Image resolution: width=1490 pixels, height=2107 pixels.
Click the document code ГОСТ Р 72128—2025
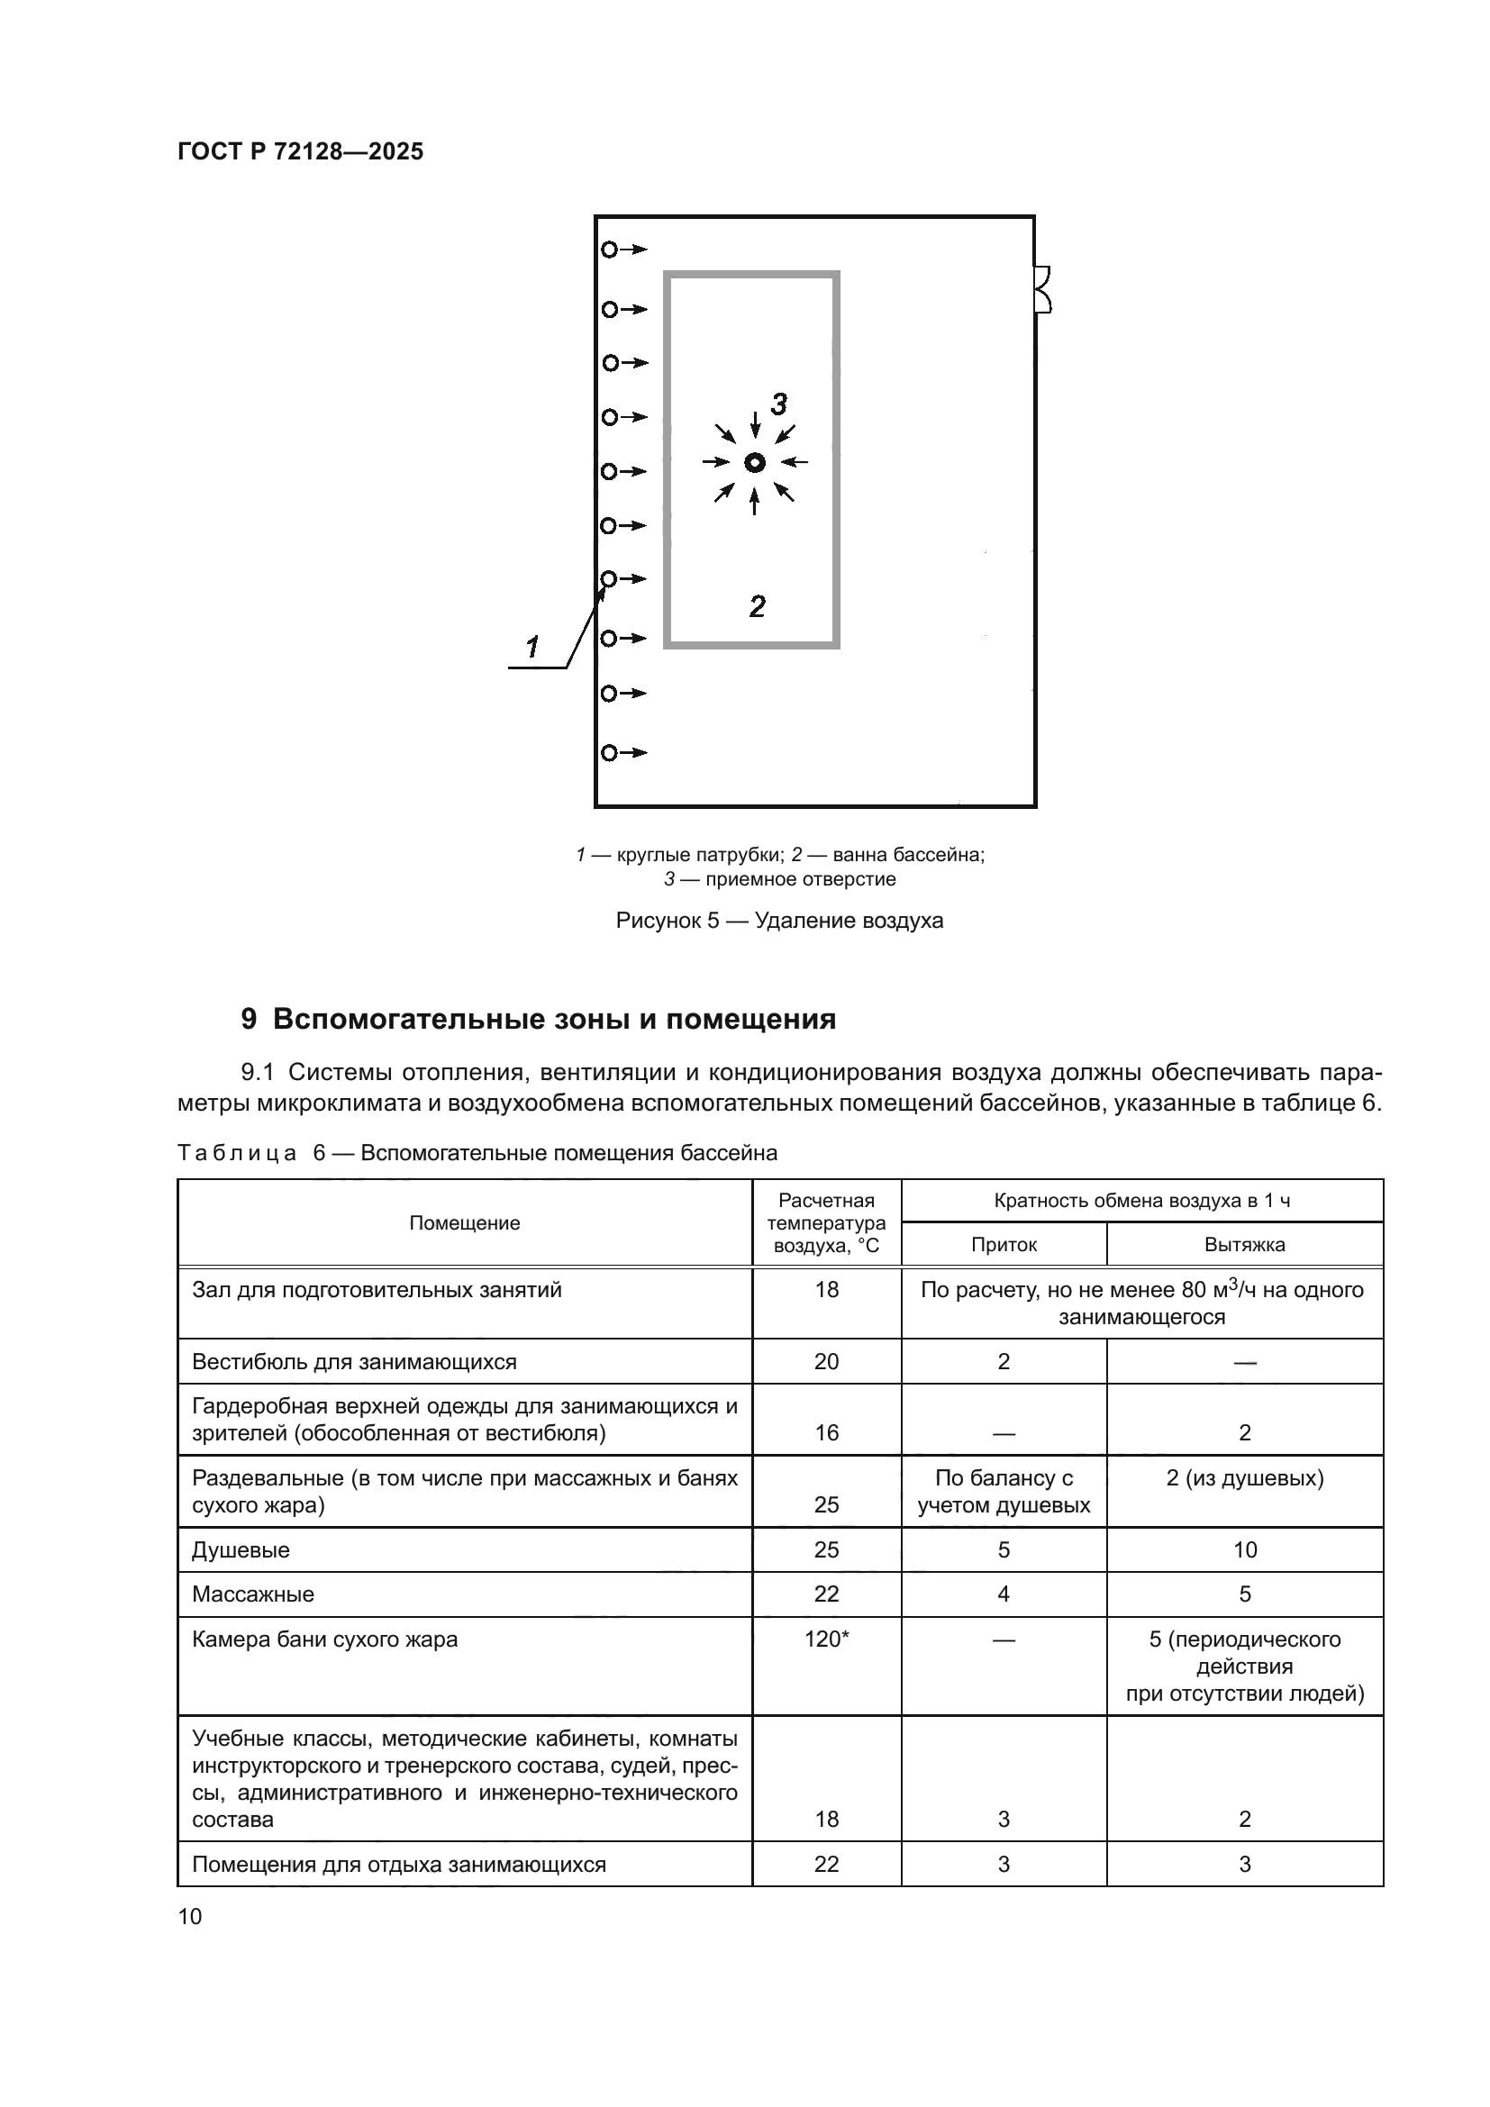[x=300, y=151]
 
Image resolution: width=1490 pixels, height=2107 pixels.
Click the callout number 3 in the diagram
[x=779, y=404]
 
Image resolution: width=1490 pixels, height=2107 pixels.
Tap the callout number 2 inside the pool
[x=757, y=606]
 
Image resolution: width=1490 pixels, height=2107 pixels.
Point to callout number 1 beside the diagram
[x=532, y=648]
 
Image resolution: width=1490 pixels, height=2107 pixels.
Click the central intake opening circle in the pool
[x=754, y=462]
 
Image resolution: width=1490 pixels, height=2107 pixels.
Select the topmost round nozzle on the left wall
[x=609, y=250]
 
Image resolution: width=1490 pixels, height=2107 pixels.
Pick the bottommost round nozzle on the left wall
[x=609, y=753]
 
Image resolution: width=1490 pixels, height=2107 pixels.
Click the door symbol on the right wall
[x=1042, y=290]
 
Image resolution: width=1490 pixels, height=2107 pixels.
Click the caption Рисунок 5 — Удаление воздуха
[x=779, y=921]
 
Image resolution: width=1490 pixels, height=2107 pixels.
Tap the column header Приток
[x=1004, y=1245]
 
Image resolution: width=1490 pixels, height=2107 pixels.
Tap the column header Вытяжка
[x=1244, y=1245]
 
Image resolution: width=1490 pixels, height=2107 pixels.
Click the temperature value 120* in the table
[x=826, y=1639]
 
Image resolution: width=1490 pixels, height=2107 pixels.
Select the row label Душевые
[x=241, y=1550]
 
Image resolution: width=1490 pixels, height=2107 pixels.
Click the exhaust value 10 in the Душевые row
[x=1244, y=1550]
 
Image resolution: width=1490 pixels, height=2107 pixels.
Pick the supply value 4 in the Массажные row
[x=1004, y=1594]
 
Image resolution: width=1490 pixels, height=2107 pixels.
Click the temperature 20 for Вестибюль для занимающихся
[x=826, y=1362]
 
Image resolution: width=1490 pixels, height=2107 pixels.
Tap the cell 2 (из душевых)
[x=1244, y=1478]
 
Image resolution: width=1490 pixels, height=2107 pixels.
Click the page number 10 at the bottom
[x=190, y=1916]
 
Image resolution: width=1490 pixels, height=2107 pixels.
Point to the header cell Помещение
[x=464, y=1223]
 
